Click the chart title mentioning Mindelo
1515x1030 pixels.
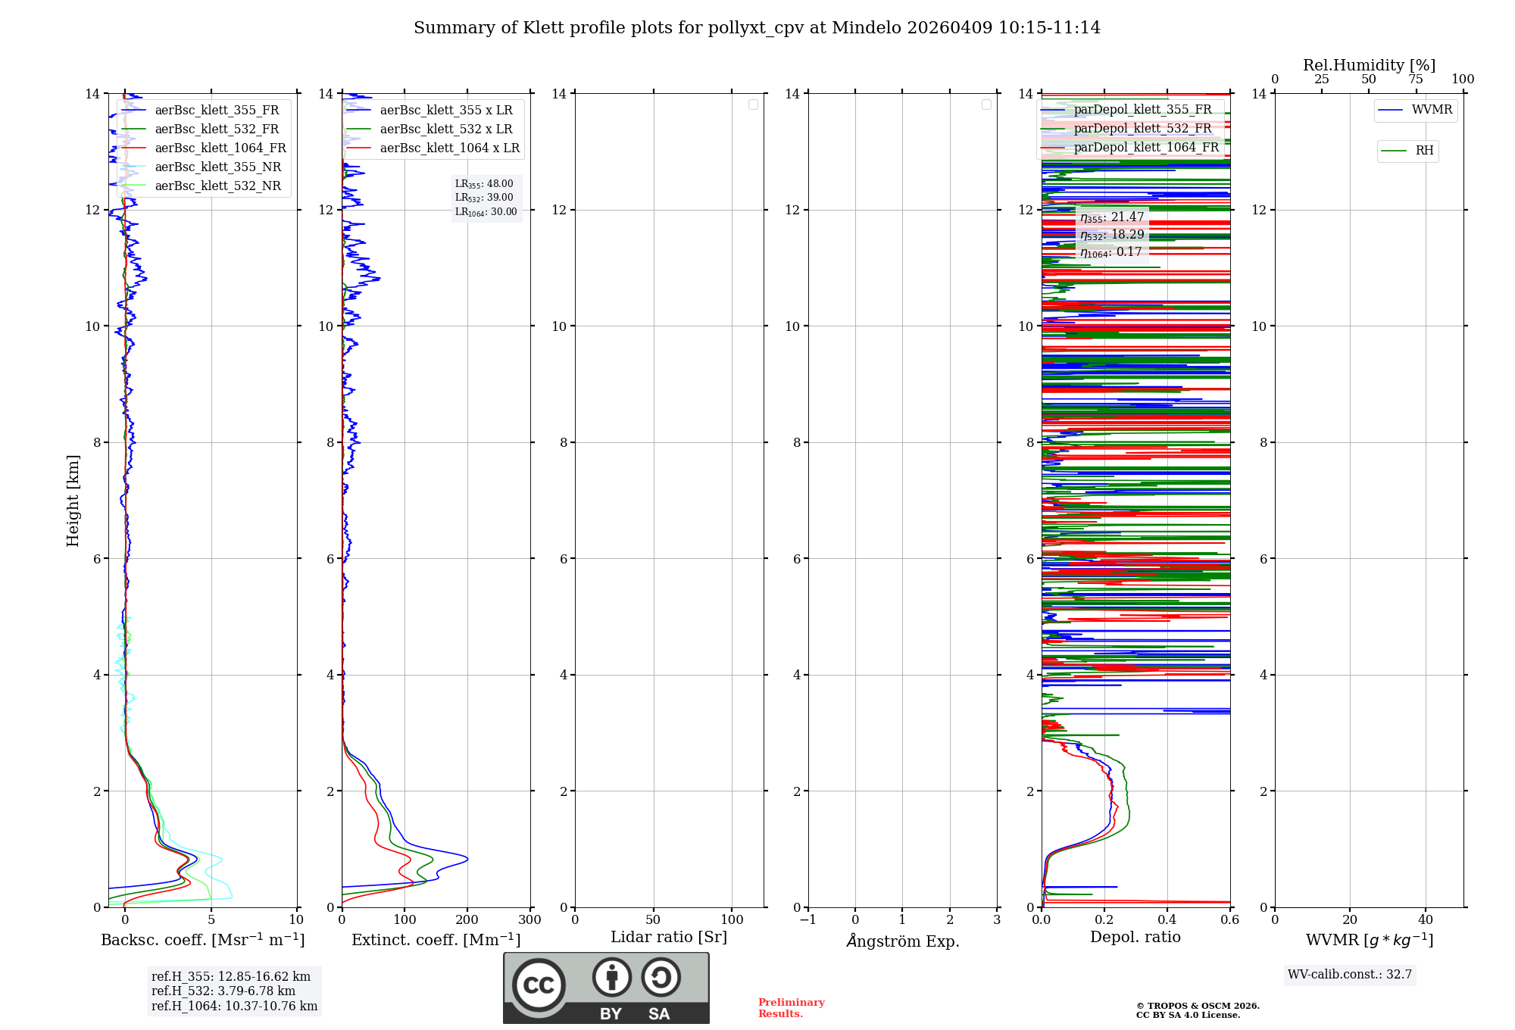(x=757, y=28)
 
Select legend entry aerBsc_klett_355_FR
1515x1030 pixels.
(x=217, y=111)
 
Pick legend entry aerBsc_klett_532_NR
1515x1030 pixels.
(x=217, y=186)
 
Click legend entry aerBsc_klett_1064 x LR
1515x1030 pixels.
(x=449, y=148)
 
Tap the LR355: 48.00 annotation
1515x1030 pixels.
(x=484, y=184)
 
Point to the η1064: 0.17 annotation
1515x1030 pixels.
(x=1111, y=252)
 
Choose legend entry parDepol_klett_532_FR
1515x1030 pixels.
(x=1142, y=129)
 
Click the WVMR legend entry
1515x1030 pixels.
(x=1432, y=110)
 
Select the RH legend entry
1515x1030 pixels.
(x=1424, y=151)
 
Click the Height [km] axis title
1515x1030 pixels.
(x=73, y=501)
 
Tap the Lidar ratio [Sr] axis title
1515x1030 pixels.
(x=669, y=938)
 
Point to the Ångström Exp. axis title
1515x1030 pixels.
(x=903, y=941)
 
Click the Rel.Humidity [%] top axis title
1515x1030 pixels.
(x=1369, y=65)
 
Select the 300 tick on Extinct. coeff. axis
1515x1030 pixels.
(x=529, y=920)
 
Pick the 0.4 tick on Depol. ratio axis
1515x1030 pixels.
(x=1167, y=920)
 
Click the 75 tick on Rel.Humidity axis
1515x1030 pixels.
(x=1415, y=80)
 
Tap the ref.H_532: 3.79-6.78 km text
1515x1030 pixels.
(x=223, y=991)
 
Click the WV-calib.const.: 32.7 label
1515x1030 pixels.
(x=1350, y=975)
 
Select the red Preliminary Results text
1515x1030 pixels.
(x=791, y=1008)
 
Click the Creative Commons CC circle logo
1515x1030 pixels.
(x=539, y=985)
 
